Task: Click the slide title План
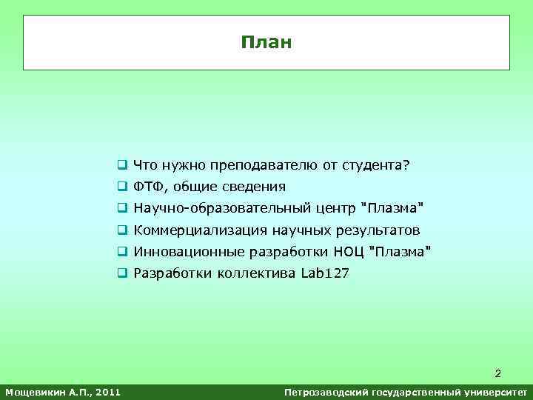pos(266,42)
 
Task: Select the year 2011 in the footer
pos(108,390)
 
